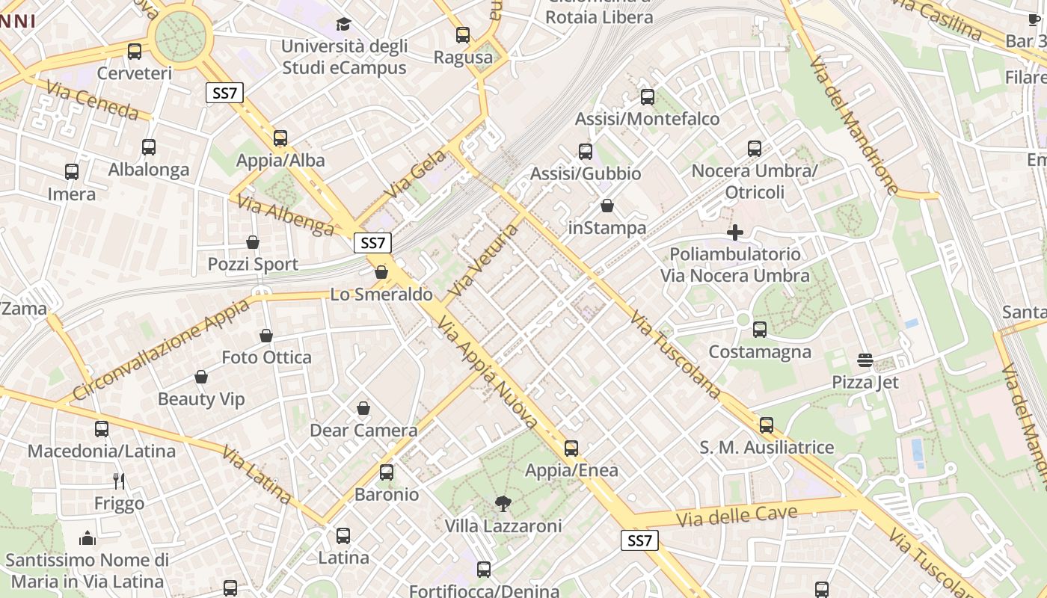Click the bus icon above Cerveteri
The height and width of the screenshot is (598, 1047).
pyautogui.click(x=135, y=52)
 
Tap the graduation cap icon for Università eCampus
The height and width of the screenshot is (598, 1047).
pyautogui.click(x=343, y=25)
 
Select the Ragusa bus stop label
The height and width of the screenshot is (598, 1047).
pyautogui.click(x=463, y=58)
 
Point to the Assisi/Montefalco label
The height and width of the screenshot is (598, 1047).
pyautogui.click(x=647, y=119)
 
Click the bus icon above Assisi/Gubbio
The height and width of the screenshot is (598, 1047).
pyautogui.click(x=586, y=152)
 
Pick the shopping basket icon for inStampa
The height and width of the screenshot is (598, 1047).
pyautogui.click(x=607, y=206)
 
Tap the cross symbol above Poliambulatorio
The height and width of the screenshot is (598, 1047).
pyautogui.click(x=735, y=232)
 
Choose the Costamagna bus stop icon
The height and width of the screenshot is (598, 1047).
pyautogui.click(x=760, y=329)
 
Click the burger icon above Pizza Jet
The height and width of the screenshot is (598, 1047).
pyautogui.click(x=865, y=360)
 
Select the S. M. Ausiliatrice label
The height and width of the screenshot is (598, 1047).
pyautogui.click(x=767, y=447)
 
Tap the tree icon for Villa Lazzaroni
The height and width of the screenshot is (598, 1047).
pyautogui.click(x=503, y=504)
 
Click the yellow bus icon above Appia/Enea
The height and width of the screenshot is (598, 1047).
pyautogui.click(x=571, y=449)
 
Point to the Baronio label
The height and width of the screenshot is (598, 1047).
pyautogui.click(x=387, y=494)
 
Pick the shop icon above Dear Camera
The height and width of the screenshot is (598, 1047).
pyautogui.click(x=363, y=408)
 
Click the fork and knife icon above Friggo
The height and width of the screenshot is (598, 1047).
pyautogui.click(x=119, y=481)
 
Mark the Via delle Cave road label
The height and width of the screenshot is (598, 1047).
pyautogui.click(x=737, y=516)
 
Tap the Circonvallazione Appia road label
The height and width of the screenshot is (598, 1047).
pyautogui.click(x=162, y=350)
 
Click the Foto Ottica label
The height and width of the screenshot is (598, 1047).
pyautogui.click(x=266, y=357)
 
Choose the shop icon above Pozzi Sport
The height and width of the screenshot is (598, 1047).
pyautogui.click(x=253, y=242)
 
